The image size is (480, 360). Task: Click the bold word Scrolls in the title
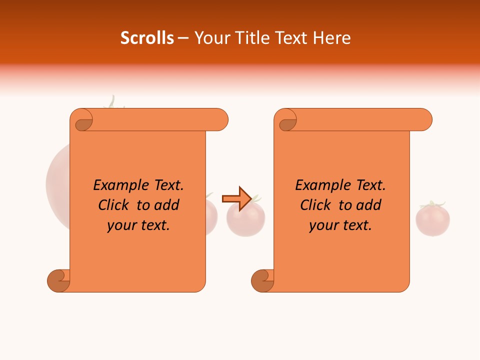point(147,38)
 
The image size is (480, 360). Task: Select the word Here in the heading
point(331,38)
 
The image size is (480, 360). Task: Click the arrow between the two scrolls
point(236,199)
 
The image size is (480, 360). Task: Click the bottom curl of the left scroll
point(58,280)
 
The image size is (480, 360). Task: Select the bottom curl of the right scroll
point(262,280)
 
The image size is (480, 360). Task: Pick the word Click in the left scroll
point(109,205)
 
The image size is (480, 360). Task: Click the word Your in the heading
point(210,38)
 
